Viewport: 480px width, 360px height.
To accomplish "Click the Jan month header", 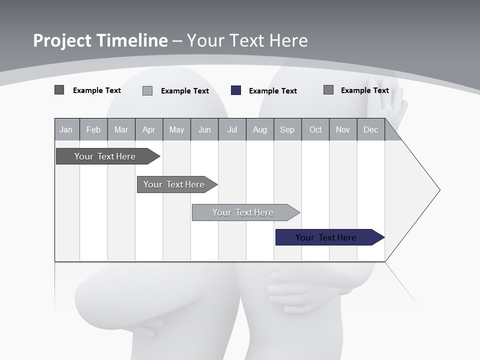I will click(66, 129).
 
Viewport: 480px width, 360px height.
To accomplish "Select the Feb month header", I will click(93, 129).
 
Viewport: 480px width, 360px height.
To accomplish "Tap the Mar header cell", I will click(121, 129).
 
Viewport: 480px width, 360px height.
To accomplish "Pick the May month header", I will click(176, 129).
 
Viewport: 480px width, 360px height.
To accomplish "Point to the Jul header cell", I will click(232, 129).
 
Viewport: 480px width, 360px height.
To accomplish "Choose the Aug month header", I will click(260, 129).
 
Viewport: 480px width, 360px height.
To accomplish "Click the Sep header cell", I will click(287, 129).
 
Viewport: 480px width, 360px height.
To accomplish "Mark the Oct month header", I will click(315, 129).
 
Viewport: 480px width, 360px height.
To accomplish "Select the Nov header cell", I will click(343, 129).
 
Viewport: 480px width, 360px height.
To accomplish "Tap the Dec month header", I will click(371, 129).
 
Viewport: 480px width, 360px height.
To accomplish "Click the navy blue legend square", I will click(236, 90).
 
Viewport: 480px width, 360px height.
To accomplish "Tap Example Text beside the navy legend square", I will click(272, 91).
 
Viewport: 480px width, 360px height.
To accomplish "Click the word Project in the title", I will click(63, 40).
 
